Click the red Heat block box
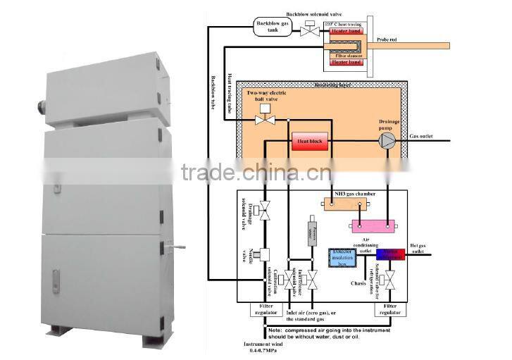pos(310,142)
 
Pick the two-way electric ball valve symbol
pos(266,121)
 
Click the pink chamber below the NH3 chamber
pos(370,226)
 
